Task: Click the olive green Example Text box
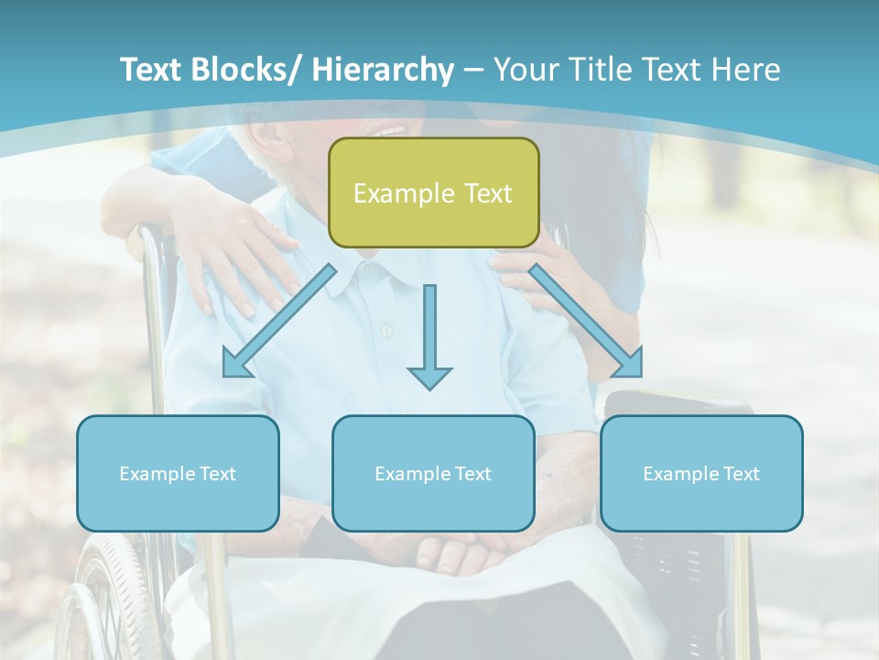pos(433,192)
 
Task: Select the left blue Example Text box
pos(178,473)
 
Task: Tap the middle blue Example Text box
pos(433,473)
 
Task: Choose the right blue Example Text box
pos(701,473)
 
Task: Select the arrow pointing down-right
pos(586,321)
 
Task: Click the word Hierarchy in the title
pos(383,70)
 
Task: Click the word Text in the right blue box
pos(740,474)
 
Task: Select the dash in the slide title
pos(473,70)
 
